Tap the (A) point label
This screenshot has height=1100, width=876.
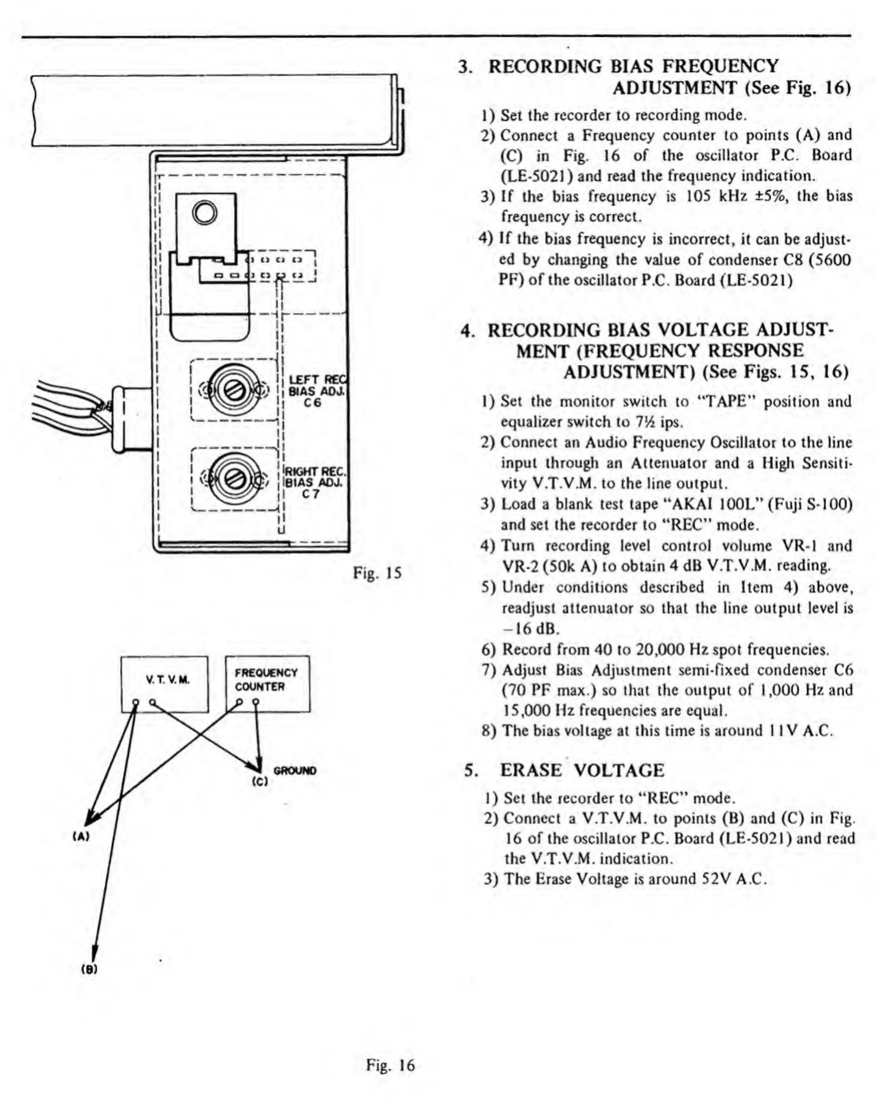coord(81,836)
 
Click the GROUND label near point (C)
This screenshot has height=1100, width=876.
coord(295,771)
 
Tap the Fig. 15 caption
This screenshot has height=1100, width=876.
coord(377,573)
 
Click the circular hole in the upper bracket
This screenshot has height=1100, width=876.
coord(205,213)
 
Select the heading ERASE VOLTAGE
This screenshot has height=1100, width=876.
coord(582,770)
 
